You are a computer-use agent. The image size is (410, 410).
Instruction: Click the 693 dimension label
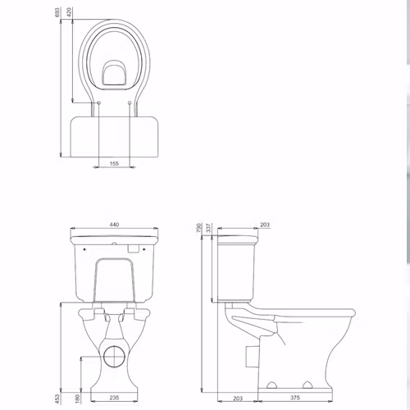57,12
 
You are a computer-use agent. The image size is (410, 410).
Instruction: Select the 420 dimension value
70,12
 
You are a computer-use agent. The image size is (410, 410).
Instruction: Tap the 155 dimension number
114,163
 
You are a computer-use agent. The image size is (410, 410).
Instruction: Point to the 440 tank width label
114,225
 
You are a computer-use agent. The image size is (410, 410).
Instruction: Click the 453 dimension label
57,399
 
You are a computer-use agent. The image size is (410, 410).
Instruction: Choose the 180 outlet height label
78,399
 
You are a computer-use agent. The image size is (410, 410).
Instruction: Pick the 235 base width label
114,398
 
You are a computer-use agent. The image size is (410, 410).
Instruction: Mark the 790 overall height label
199,228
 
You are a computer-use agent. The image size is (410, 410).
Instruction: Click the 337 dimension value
209,228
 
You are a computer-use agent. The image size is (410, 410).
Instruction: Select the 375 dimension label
295,398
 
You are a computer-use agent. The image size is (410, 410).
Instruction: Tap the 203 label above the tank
265,225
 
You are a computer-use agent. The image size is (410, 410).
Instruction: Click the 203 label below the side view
238,399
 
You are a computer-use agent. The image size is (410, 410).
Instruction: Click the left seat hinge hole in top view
98,102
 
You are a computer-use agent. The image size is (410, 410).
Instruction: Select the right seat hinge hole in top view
130,102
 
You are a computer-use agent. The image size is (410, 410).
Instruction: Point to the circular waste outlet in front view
115,356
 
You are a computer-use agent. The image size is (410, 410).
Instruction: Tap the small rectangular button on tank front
134,248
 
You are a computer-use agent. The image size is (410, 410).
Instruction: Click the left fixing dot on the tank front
84,249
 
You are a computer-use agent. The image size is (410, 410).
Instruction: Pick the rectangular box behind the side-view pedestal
252,356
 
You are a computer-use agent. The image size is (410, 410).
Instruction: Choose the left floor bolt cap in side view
272,385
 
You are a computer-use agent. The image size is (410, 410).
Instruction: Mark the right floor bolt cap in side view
308,385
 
